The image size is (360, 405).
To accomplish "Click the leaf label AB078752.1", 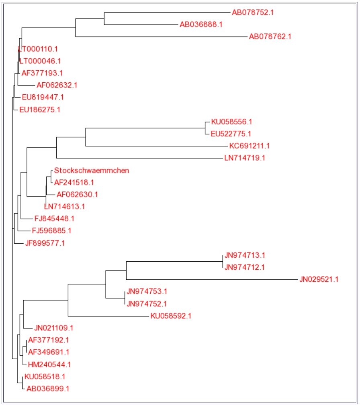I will (252, 12).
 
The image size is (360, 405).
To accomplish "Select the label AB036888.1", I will (201, 24).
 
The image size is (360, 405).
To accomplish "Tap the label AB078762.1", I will (270, 37).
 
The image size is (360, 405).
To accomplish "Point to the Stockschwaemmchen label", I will (92, 170).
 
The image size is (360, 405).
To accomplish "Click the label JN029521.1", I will (319, 279).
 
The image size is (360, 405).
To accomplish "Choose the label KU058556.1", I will (231, 122).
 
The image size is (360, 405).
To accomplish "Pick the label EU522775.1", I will (231, 134).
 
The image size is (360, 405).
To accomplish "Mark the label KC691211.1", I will (250, 146).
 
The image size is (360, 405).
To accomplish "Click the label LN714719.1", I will (245, 158).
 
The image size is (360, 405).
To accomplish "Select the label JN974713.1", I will (245, 255).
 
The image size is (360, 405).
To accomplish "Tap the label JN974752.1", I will (147, 303).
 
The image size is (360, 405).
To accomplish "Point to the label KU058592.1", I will (171, 316).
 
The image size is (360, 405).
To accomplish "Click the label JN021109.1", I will (54, 328).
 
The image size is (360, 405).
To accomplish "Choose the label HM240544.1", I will (49, 364).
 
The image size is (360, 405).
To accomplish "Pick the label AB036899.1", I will (48, 389).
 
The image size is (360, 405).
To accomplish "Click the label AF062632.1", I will (57, 85).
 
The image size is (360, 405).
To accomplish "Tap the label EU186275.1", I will (40, 109).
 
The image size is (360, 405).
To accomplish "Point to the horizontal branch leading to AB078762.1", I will (161, 37).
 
